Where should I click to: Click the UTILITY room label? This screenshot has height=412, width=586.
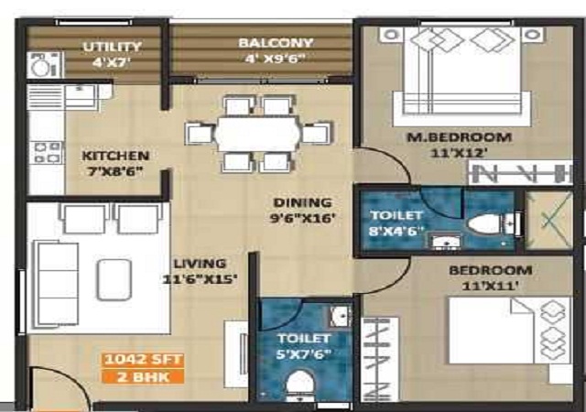[x=112, y=47]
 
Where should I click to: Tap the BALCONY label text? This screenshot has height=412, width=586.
[x=276, y=43]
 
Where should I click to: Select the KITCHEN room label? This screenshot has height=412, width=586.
[x=115, y=156]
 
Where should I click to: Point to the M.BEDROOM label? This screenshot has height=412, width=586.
[x=459, y=137]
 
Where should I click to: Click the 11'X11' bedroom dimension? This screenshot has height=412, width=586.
[x=490, y=286]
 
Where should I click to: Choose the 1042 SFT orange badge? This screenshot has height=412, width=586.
[x=143, y=359]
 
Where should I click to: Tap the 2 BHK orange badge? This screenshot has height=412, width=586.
[x=143, y=376]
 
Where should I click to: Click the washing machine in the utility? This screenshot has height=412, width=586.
[x=45, y=65]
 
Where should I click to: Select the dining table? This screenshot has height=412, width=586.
[x=257, y=134]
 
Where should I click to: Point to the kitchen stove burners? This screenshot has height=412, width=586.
[x=47, y=152]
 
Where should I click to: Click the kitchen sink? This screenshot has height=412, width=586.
[x=80, y=96]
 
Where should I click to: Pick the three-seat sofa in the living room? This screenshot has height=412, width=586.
[x=56, y=284]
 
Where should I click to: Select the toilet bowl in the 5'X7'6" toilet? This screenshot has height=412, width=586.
[x=300, y=384]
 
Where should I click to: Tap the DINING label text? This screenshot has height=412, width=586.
[x=302, y=202]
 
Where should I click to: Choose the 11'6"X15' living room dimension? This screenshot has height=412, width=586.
[x=200, y=279]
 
